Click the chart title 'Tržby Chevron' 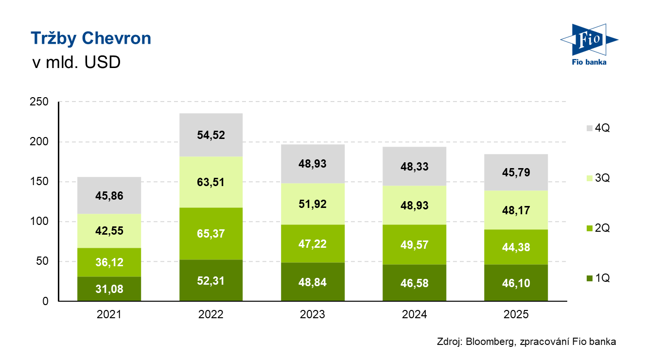[x=91, y=38]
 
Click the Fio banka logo [x=588, y=43]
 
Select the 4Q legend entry [x=597, y=128]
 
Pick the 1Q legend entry [x=597, y=278]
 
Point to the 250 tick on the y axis [x=39, y=102]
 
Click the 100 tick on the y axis [x=39, y=222]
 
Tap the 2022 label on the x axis [x=211, y=314]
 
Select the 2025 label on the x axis [x=516, y=314]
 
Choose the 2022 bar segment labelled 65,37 [x=211, y=234]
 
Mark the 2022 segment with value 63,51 [x=211, y=182]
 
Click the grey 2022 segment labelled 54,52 [x=211, y=135]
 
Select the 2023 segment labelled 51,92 [x=313, y=204]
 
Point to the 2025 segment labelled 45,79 [x=516, y=172]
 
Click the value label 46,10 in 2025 [x=516, y=283]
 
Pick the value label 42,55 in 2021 [x=109, y=231]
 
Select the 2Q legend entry [x=597, y=228]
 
